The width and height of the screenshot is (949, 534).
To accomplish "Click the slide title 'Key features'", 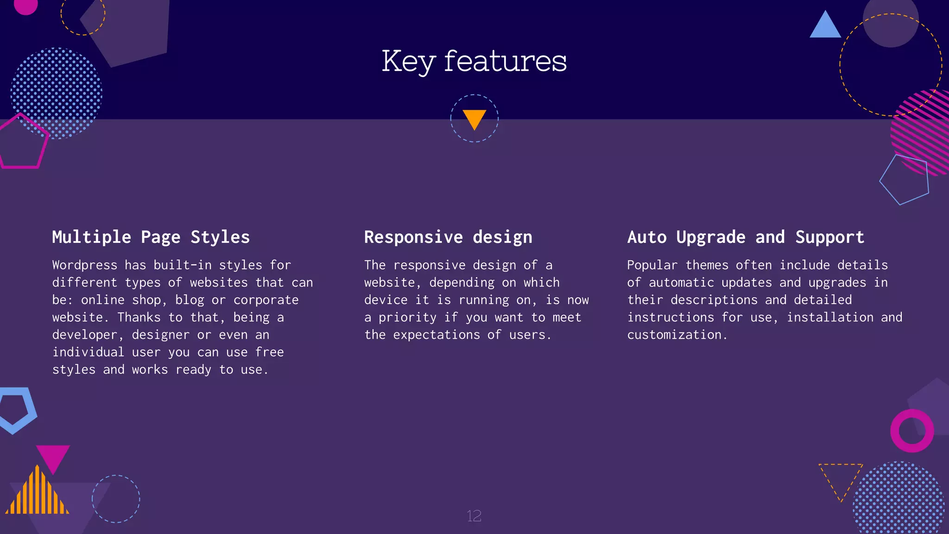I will coord(474,61).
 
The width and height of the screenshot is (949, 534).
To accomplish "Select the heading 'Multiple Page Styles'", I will coord(151,237).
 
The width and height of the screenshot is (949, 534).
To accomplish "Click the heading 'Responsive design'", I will coord(448,237).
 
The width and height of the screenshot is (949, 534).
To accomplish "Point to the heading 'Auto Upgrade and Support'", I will coord(746,237).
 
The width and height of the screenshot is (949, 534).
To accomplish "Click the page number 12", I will coord(474,516).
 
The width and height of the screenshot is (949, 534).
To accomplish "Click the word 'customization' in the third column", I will coord(674,335).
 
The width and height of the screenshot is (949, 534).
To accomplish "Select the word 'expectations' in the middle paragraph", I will coord(436,335).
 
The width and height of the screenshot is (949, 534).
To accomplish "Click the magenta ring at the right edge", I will coord(911,431).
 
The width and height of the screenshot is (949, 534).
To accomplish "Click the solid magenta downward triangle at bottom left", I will coord(53,457).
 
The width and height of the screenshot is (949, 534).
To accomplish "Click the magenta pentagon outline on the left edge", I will coord(22,143).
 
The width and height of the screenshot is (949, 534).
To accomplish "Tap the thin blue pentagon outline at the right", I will coord(905,180).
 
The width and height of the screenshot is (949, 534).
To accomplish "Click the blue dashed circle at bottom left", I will coord(116,499).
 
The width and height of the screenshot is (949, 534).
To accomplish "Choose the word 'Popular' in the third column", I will coord(652,265).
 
